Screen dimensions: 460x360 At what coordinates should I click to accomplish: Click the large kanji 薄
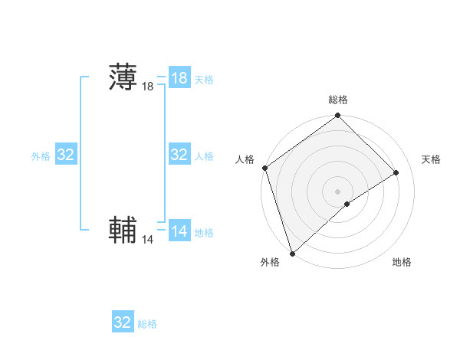tap(123, 78)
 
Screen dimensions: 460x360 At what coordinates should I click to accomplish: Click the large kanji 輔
tap(123, 231)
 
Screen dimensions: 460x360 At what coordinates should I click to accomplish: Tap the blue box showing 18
tap(179, 78)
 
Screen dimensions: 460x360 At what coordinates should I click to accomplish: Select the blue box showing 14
tap(179, 231)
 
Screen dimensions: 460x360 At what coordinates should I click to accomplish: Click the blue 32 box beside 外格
tap(66, 155)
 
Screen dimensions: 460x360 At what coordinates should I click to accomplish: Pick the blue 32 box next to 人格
tap(179, 155)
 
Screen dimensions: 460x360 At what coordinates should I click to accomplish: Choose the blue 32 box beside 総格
tap(123, 322)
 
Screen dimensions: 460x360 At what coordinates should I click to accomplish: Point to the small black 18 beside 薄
tap(148, 87)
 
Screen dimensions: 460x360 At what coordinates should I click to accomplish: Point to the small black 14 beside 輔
tap(148, 240)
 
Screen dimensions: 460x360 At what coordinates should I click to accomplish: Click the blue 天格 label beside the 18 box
tap(204, 79)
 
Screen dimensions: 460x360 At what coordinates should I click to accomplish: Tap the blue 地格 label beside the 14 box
tap(204, 232)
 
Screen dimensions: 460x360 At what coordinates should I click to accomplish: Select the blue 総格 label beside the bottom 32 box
tap(147, 324)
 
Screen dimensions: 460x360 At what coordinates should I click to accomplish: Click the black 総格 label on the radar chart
tap(338, 100)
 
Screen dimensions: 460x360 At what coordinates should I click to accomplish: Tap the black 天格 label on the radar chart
tap(432, 159)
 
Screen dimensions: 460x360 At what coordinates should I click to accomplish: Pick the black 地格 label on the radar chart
tap(402, 262)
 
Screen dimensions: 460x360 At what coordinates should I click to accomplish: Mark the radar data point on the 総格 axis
tap(338, 116)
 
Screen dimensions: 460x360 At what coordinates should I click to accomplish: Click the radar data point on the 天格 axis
tap(396, 172)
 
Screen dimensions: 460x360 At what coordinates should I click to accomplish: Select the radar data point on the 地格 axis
tap(347, 204)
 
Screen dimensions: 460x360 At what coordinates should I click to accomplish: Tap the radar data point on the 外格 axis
tap(292, 253)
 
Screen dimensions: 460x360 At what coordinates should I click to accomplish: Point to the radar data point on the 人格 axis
tap(264, 169)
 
